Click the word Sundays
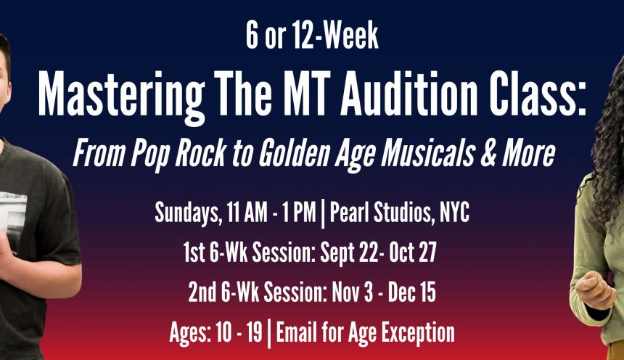[186, 213]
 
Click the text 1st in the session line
[194, 253]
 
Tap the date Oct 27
[413, 253]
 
